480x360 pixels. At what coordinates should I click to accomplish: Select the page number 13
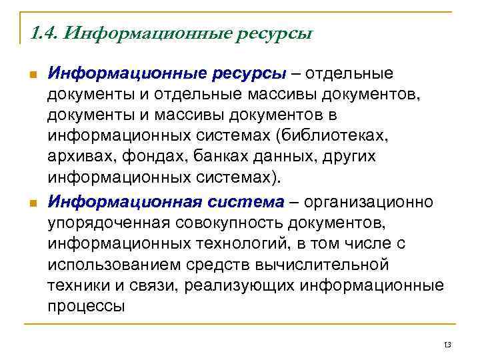coord(447,344)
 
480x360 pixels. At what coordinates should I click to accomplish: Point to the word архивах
coord(77,158)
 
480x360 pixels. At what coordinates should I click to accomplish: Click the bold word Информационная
coord(124,201)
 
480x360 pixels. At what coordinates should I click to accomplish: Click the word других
coord(344,158)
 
